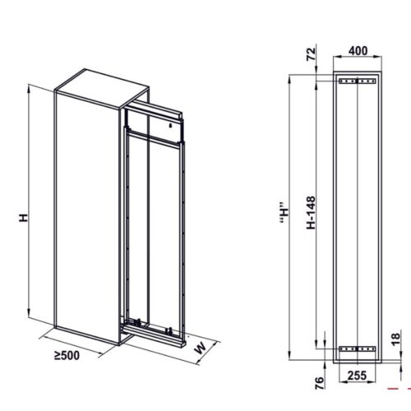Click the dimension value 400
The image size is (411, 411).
point(357,50)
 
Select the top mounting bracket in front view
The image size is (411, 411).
point(357,81)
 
